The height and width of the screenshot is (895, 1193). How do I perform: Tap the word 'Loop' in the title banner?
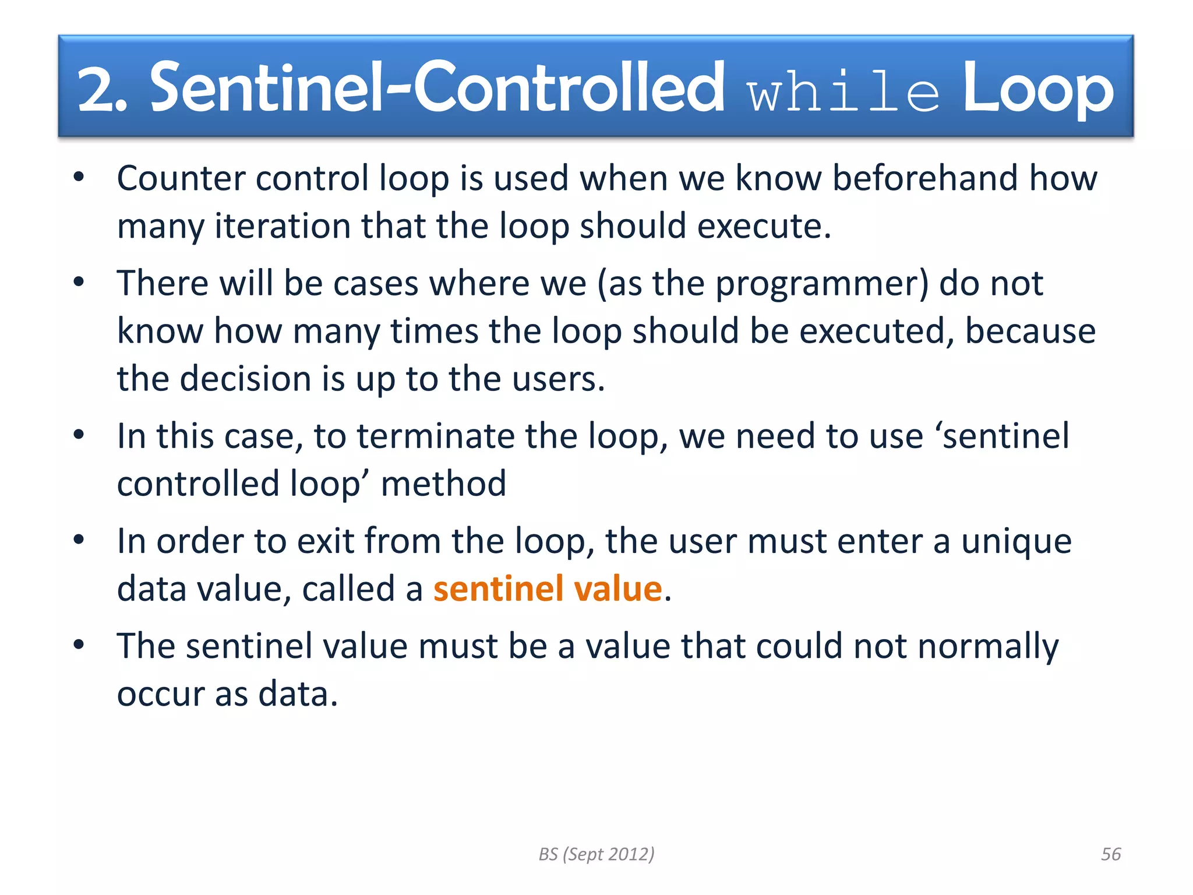pyautogui.click(x=1037, y=89)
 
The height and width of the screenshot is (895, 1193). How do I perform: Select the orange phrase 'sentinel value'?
pyautogui.click(x=548, y=589)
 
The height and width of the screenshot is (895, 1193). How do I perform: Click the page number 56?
pyautogui.click(x=1110, y=854)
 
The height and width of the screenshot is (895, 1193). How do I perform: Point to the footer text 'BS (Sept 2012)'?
pyautogui.click(x=596, y=854)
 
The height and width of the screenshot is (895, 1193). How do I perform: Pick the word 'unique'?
pyautogui.click(x=1016, y=542)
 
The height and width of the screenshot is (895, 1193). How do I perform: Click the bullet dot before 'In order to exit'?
pyautogui.click(x=79, y=540)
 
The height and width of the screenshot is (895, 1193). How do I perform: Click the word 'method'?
pyautogui.click(x=443, y=484)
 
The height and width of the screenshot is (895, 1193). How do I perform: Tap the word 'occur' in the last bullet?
pyautogui.click(x=160, y=695)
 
